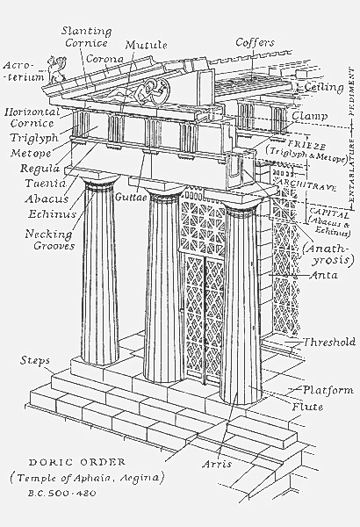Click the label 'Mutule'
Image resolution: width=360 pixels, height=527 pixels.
pyautogui.click(x=144, y=44)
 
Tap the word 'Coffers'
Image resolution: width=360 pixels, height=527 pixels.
pyautogui.click(x=256, y=42)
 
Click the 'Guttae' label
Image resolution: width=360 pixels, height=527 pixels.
pyautogui.click(x=130, y=199)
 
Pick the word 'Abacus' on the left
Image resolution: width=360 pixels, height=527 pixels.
pyautogui.click(x=38, y=199)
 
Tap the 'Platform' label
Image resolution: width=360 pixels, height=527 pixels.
pyautogui.click(x=328, y=390)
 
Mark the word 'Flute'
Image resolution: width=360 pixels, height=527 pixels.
pyautogui.click(x=307, y=407)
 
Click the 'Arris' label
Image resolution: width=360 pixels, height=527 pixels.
pyautogui.click(x=215, y=463)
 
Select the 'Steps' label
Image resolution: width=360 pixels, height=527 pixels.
pyautogui.click(x=36, y=362)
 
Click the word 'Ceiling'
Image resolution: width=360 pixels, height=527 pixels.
pyautogui.click(x=323, y=88)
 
